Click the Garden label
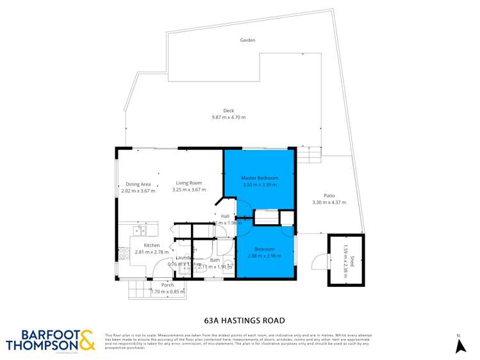tap(247, 40)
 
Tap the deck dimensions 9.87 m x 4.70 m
tap(228, 117)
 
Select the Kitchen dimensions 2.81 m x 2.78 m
tap(151, 252)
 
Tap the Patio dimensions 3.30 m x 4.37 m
tap(328, 202)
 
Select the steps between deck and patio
tap(309, 154)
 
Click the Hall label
tap(225, 217)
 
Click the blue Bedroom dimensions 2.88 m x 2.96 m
tap(264, 256)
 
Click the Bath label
tap(214, 260)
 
